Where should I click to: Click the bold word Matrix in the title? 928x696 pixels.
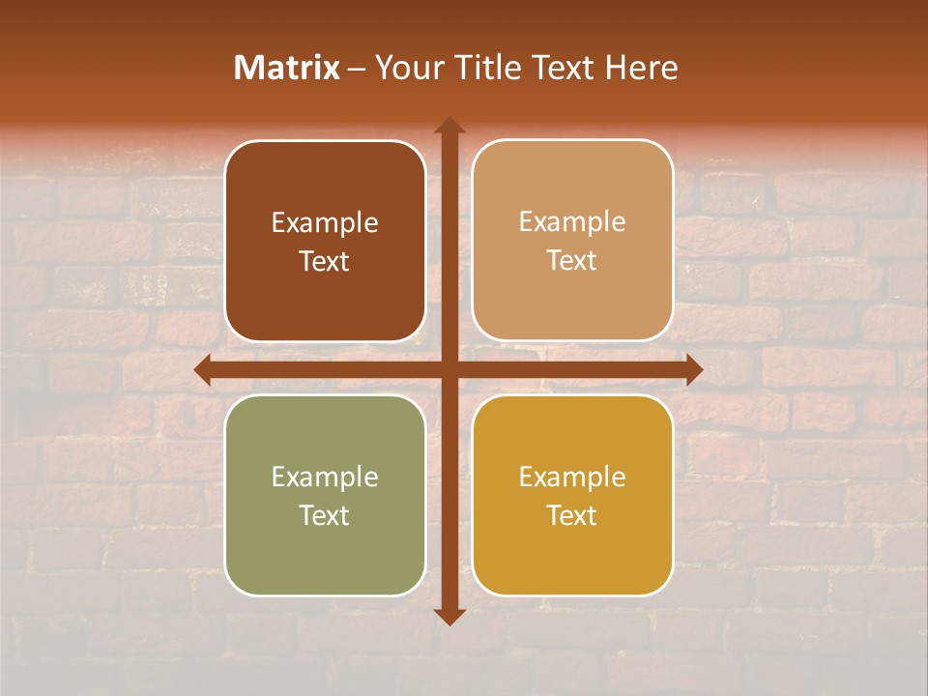[x=287, y=68]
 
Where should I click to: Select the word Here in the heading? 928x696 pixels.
[x=642, y=68]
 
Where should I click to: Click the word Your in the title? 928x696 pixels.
[x=406, y=68]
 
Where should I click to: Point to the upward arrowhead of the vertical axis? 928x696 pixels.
[x=449, y=125]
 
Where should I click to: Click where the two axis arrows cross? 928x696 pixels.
[x=449, y=369]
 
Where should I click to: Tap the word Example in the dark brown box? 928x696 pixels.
[x=325, y=223]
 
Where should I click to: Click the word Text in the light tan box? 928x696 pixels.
[x=572, y=261]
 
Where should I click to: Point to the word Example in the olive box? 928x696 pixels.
[x=325, y=478]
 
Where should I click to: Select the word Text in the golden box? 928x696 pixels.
[x=572, y=516]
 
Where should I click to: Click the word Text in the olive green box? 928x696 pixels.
[x=325, y=516]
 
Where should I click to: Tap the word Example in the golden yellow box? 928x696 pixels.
[x=572, y=478]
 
